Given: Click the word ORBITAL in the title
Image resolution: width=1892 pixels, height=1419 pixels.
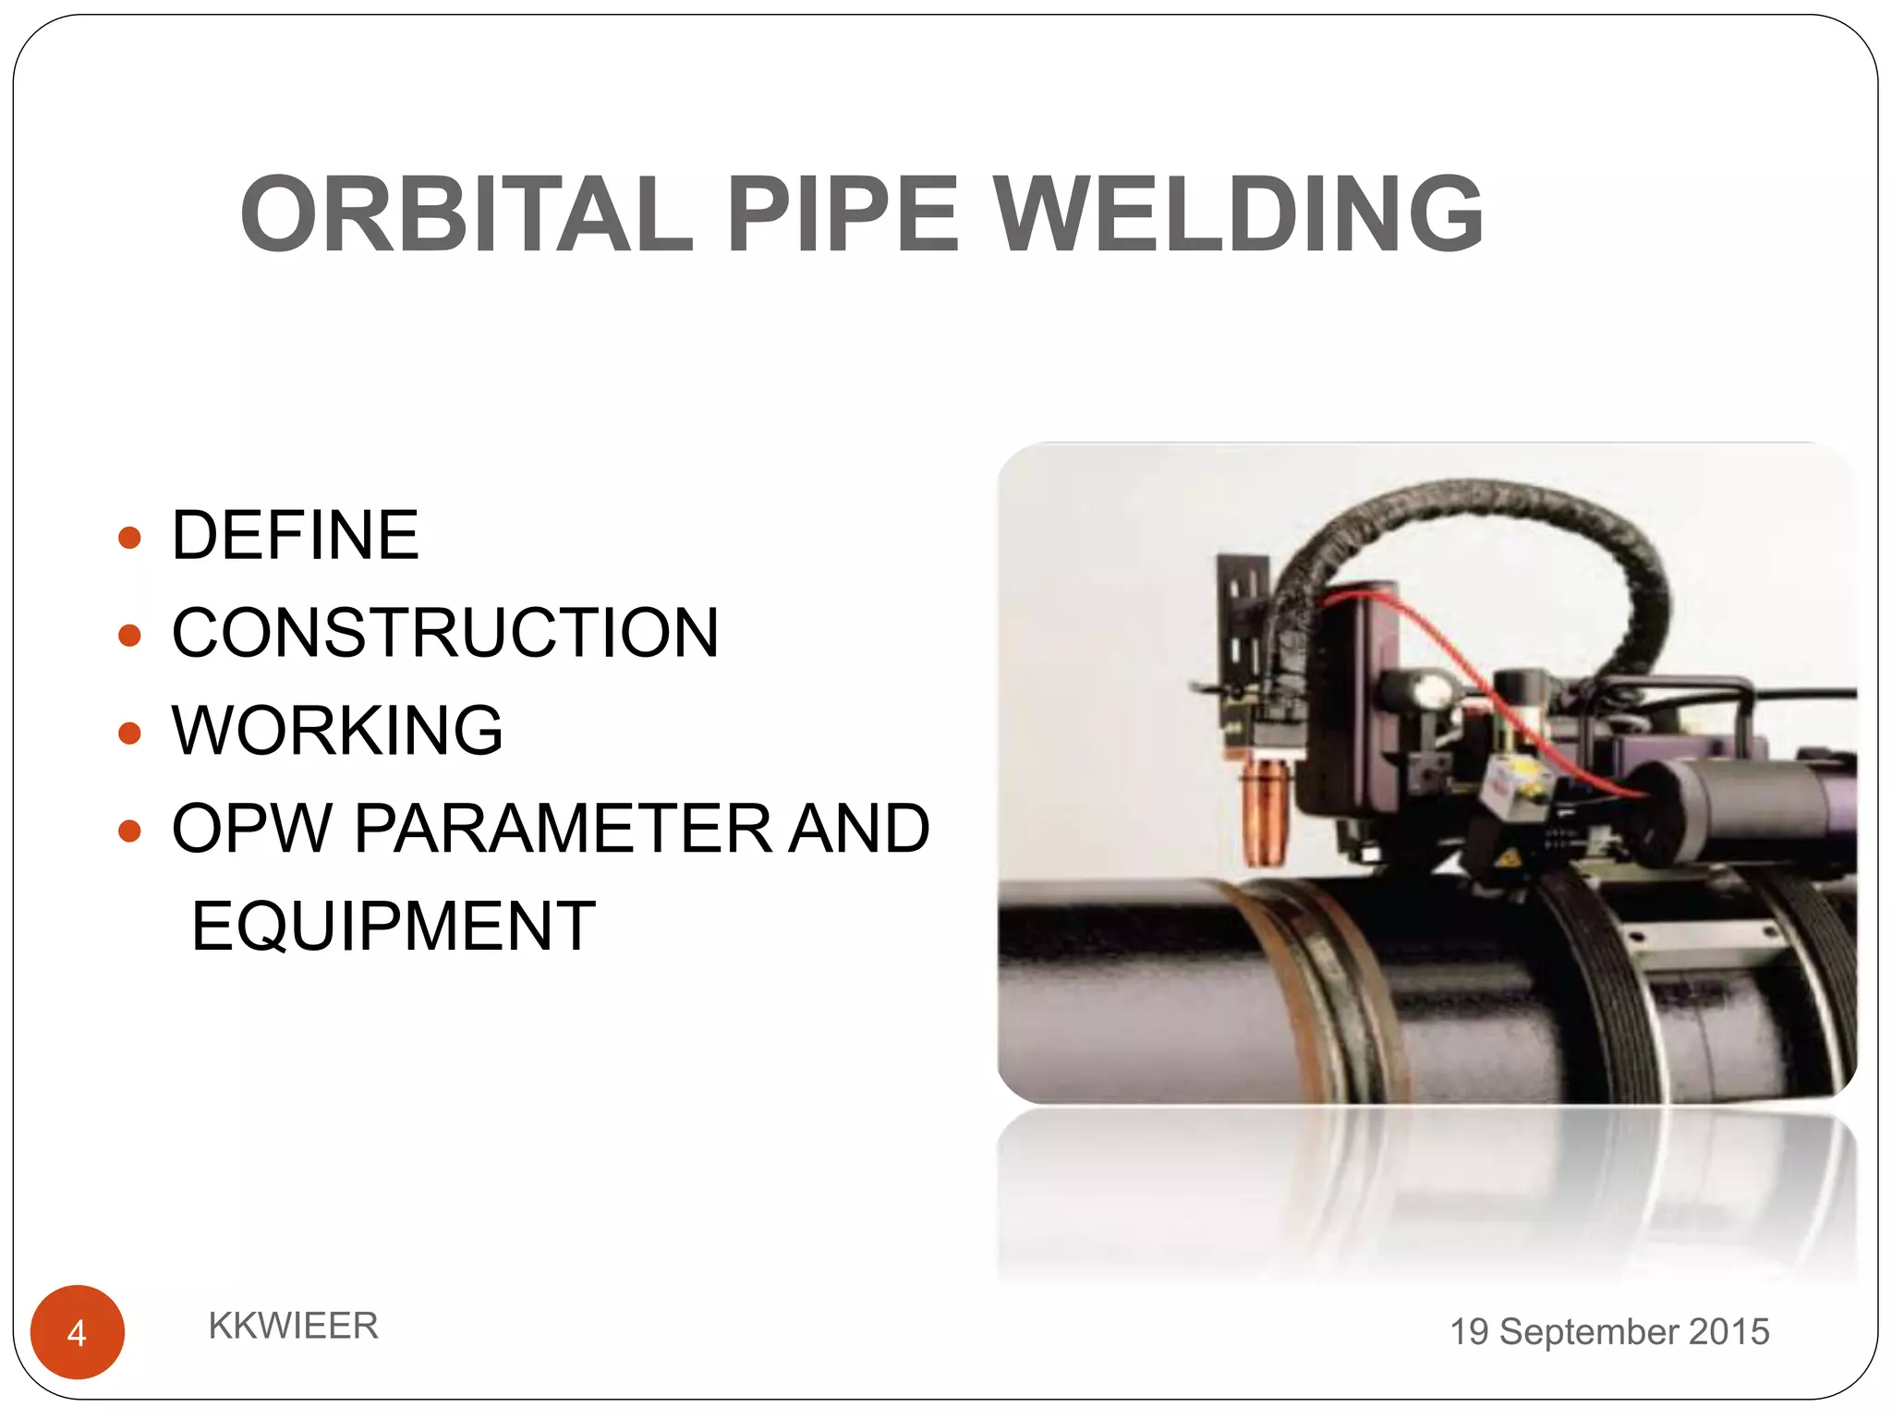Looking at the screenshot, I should pyautogui.click(x=467, y=214).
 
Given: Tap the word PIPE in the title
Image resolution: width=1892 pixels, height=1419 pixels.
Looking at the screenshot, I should pyautogui.click(x=843, y=214).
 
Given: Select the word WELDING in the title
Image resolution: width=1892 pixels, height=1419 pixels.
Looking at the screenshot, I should pyautogui.click(x=1238, y=214).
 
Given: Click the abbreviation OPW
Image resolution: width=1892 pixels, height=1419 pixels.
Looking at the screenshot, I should pyautogui.click(x=251, y=828).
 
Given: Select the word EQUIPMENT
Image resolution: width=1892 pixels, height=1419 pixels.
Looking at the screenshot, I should pyautogui.click(x=394, y=926).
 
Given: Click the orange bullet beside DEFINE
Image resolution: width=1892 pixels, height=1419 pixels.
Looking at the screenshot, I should pyautogui.click(x=130, y=538).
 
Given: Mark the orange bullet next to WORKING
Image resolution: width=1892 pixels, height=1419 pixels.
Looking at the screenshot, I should pyautogui.click(x=130, y=733).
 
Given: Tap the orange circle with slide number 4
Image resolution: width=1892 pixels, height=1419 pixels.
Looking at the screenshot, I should pyautogui.click(x=78, y=1332).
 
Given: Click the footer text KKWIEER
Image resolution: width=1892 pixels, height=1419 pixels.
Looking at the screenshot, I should pyautogui.click(x=293, y=1326).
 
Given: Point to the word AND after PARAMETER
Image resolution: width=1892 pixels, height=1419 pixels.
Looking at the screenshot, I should pyautogui.click(x=859, y=828).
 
